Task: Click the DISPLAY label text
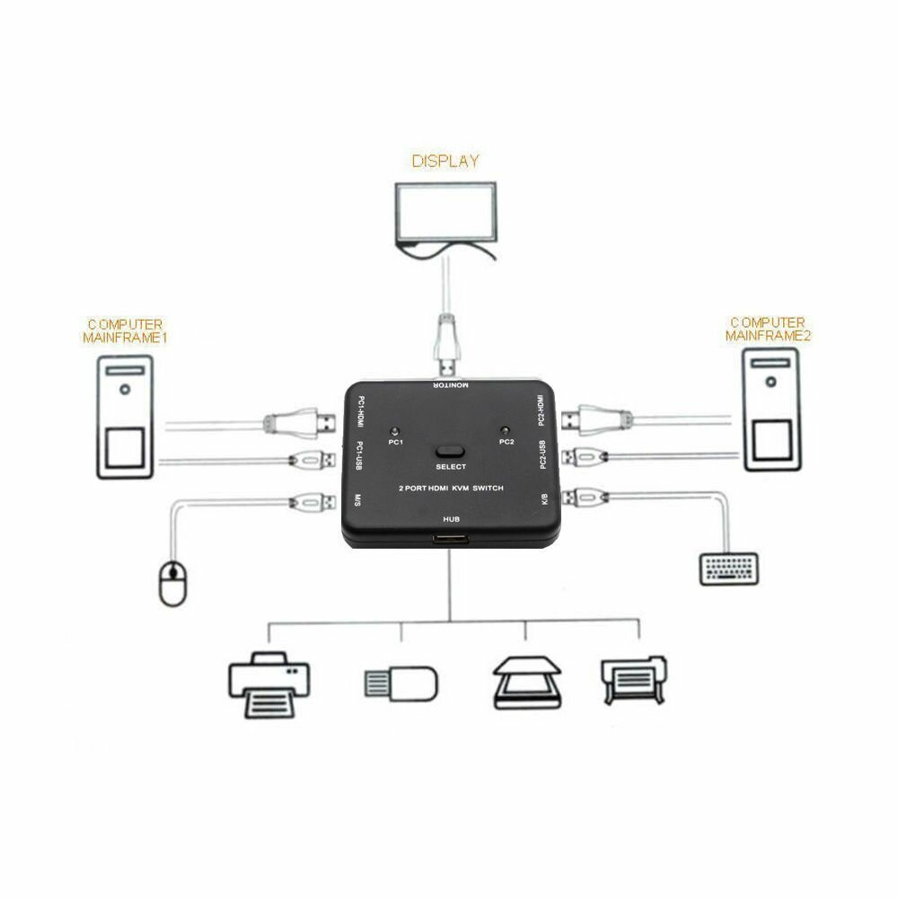click(445, 162)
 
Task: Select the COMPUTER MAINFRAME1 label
click(125, 330)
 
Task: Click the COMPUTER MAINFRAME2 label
click(768, 329)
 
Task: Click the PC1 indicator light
click(395, 430)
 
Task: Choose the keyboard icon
click(729, 568)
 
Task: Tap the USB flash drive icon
click(400, 682)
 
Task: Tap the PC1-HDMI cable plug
click(301, 420)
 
